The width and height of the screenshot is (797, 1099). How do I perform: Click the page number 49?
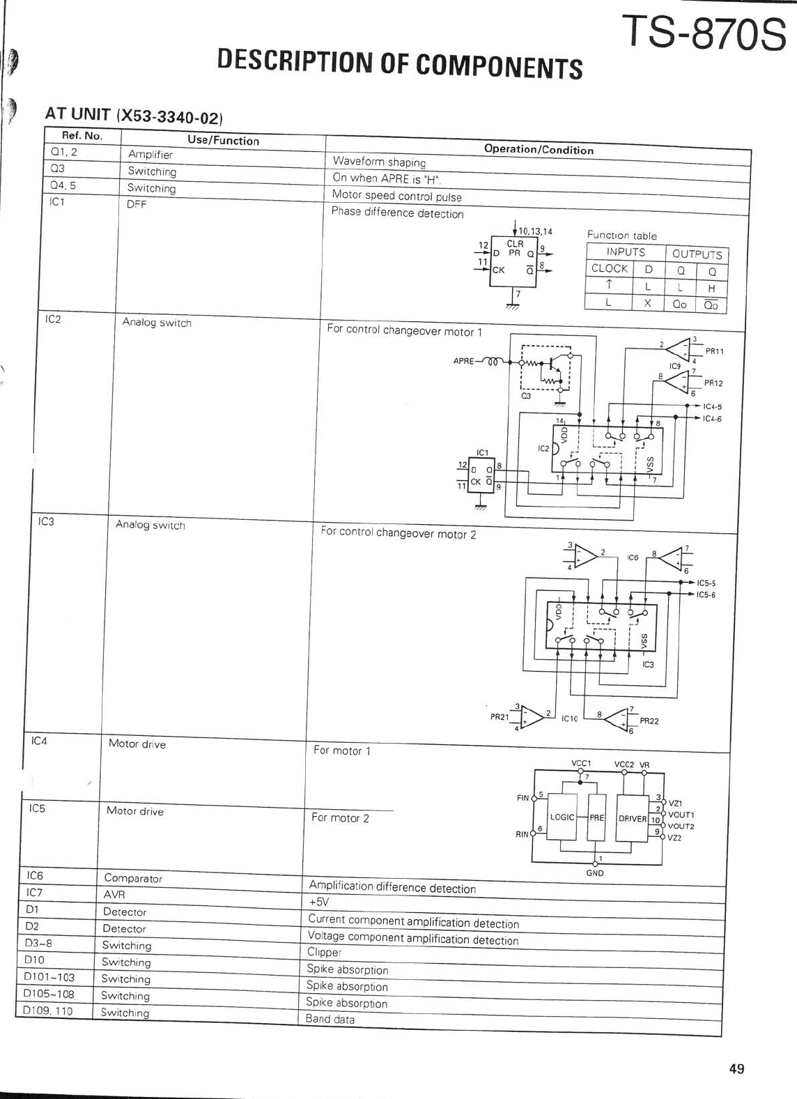coord(736,1068)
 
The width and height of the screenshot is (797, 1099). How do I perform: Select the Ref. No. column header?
coord(82,136)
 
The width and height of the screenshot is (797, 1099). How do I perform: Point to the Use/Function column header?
coord(223,140)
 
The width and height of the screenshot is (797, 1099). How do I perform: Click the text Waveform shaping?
coord(379,162)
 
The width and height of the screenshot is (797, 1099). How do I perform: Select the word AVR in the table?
coord(114,895)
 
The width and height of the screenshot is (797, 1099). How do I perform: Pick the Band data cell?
coord(330,1019)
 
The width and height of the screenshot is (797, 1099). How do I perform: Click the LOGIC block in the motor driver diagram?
coord(562,817)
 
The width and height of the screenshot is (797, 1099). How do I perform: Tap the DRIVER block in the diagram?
coord(633,818)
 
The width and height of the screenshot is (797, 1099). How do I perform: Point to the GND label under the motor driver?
coord(595,873)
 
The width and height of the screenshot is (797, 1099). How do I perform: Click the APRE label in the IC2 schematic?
coord(464,362)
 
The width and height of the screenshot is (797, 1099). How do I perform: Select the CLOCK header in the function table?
coord(610,268)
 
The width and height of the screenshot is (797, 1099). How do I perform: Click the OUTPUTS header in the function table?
coord(697,254)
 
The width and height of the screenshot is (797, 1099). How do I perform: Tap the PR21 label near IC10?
coord(500,716)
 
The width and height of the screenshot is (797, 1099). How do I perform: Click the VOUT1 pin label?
coord(681,814)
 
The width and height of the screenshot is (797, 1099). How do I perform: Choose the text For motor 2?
coord(340,817)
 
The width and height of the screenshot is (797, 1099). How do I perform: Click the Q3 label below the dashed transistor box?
coord(526,396)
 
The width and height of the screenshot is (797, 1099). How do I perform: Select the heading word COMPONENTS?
coord(499,66)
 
